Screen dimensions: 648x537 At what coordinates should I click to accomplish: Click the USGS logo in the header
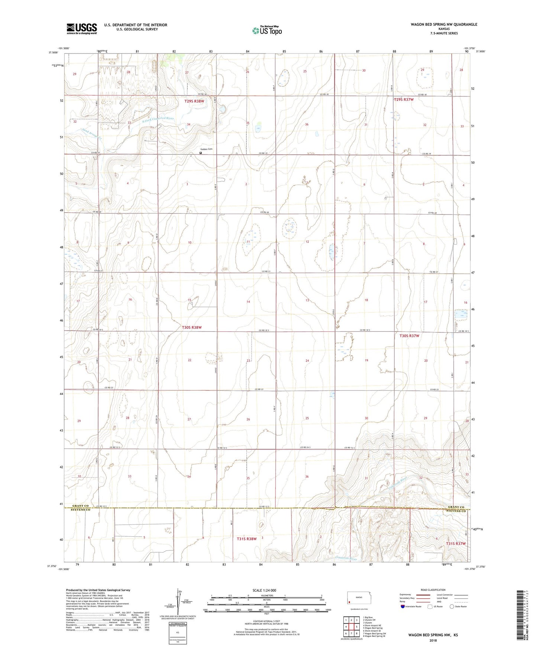click(81, 29)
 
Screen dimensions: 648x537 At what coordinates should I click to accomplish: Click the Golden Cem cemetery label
click(207, 149)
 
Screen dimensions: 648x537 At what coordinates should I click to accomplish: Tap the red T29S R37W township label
click(404, 99)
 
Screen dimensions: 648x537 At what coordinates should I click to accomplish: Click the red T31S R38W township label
click(247, 539)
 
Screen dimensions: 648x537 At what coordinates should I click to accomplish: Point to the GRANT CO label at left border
click(81, 506)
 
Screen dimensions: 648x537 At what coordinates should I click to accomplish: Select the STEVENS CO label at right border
click(456, 511)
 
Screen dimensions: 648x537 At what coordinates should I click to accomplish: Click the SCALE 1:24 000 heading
click(264, 590)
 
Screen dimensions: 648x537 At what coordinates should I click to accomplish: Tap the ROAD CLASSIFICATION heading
click(433, 590)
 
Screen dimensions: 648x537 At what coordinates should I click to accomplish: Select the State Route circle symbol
click(452, 606)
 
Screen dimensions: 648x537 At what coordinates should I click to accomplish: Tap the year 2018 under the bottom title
click(433, 640)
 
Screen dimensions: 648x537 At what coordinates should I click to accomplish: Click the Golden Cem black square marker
click(201, 153)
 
